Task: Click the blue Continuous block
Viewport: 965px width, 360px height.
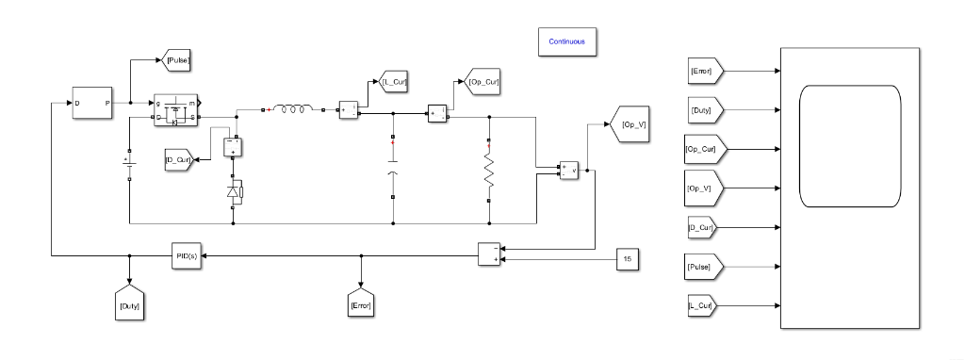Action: [x=567, y=41]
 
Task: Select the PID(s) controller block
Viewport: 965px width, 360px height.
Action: [x=187, y=255]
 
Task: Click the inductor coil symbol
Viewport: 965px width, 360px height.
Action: [x=293, y=110]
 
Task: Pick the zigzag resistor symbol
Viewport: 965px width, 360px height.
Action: [x=489, y=171]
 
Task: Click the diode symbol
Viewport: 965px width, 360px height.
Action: [x=234, y=193]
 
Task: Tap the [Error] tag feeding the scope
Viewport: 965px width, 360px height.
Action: [x=703, y=71]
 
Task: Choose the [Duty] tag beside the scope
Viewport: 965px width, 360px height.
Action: [x=703, y=110]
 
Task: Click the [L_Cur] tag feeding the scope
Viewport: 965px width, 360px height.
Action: [x=703, y=306]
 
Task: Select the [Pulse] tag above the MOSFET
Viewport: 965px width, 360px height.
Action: [x=177, y=61]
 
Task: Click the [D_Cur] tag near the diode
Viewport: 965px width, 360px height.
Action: [x=179, y=159]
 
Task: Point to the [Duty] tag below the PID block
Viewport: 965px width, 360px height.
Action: [x=127, y=304]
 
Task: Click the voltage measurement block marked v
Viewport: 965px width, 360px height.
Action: [x=569, y=171]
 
